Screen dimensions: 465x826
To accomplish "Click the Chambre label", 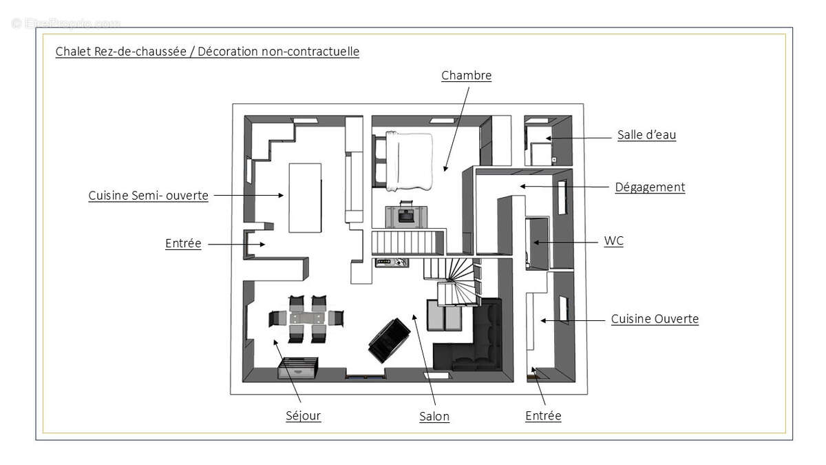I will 466,75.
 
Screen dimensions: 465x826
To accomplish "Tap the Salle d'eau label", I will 646,135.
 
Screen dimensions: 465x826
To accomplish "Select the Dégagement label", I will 650,187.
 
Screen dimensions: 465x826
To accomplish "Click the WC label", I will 613,241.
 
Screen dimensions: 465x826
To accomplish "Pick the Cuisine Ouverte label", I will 655,319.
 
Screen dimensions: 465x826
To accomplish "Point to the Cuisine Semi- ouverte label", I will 148,196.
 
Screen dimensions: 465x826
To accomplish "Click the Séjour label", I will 303,415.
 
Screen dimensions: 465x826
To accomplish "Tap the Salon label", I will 434,416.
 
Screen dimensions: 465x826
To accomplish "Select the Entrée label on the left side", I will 183,243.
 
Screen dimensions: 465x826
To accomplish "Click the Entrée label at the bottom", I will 543,415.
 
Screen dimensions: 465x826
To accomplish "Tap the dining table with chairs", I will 306,319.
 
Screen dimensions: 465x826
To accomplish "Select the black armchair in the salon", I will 389,339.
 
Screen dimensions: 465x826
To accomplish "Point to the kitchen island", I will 305,197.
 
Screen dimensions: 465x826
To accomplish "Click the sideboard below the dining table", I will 297,368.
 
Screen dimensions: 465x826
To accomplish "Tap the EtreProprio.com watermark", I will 66,23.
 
